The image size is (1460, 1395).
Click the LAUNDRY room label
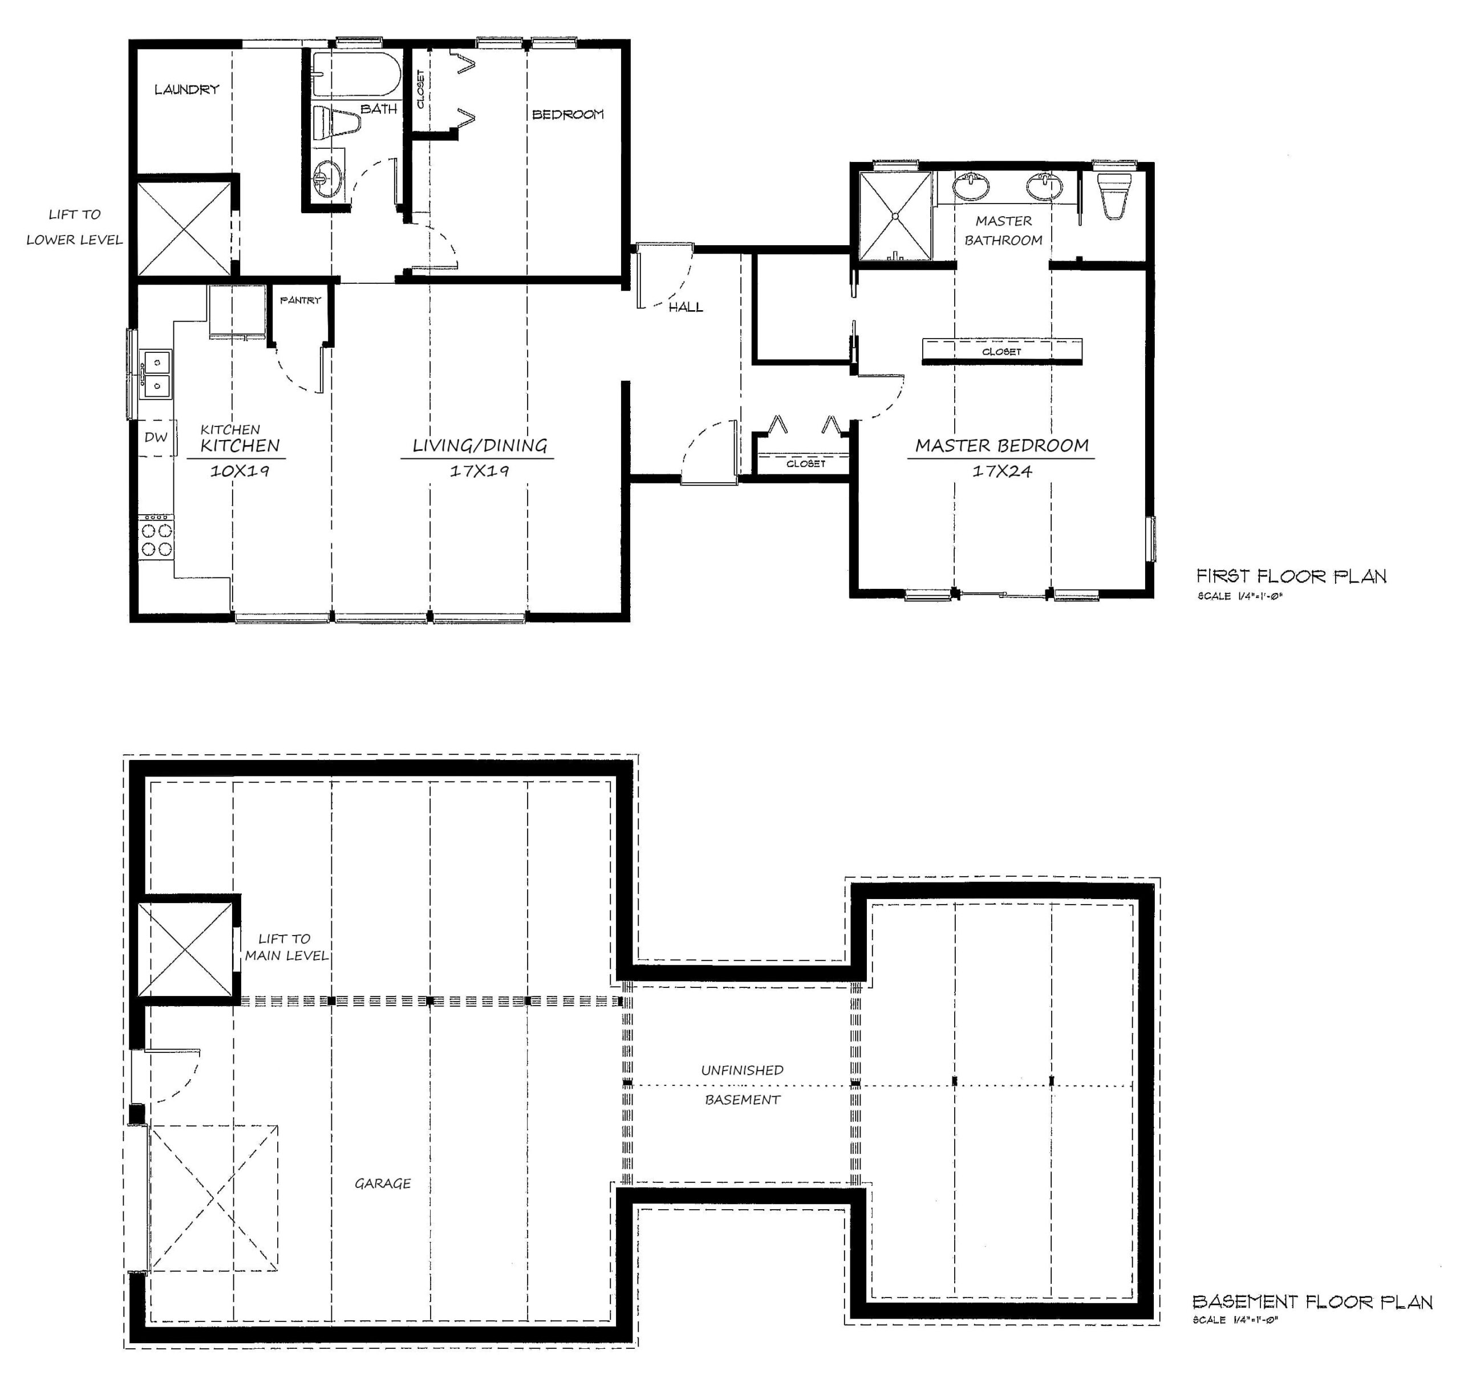pyautogui.click(x=186, y=90)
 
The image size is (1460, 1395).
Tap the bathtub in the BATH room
pyautogui.click(x=355, y=74)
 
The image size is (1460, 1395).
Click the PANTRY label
pyautogui.click(x=300, y=300)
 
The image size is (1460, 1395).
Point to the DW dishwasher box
pyautogui.click(x=156, y=437)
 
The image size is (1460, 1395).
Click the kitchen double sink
pyautogui.click(x=156, y=373)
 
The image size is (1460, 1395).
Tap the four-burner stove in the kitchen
pyautogui.click(x=156, y=539)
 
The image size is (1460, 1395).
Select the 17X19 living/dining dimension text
pyautogui.click(x=479, y=471)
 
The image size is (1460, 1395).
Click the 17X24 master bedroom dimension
pyautogui.click(x=1002, y=471)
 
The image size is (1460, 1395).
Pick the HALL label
pyautogui.click(x=685, y=307)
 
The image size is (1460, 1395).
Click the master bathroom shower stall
pyautogui.click(x=895, y=215)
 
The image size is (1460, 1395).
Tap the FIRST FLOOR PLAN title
pyautogui.click(x=1291, y=576)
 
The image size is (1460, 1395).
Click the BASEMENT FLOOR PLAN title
pyautogui.click(x=1312, y=1302)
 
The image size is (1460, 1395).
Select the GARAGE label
pyautogui.click(x=382, y=1183)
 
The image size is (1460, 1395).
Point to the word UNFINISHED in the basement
pyautogui.click(x=741, y=1070)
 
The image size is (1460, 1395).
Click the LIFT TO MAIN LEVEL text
pyautogui.click(x=286, y=946)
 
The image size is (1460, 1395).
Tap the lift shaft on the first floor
pyautogui.click(x=184, y=229)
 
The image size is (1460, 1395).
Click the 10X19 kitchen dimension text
pyautogui.click(x=239, y=471)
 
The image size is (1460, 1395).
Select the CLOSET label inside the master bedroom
pyautogui.click(x=1001, y=352)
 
